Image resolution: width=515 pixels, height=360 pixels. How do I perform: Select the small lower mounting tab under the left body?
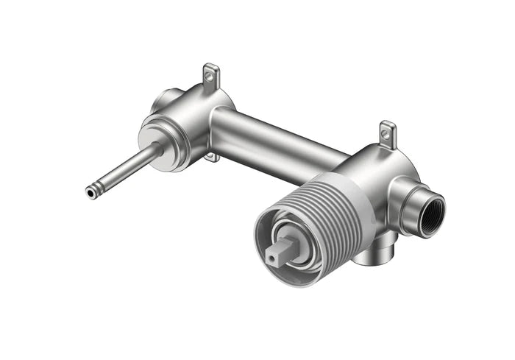click(x=210, y=156)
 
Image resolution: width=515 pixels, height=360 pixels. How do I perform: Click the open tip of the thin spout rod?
click(x=90, y=193)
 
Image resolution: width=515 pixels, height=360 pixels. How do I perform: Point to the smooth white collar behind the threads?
click(x=361, y=213)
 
